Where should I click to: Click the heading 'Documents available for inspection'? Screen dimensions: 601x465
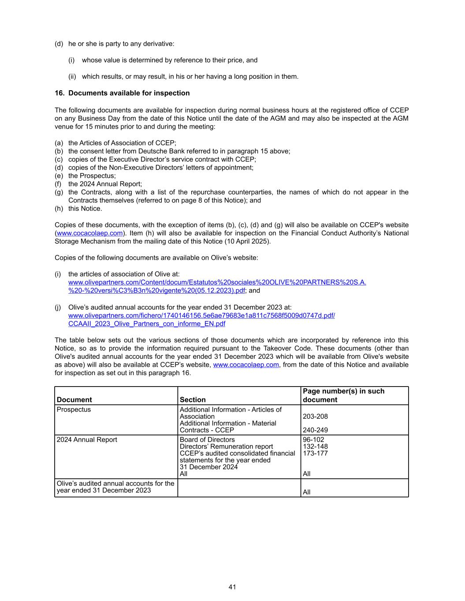(x=129, y=93)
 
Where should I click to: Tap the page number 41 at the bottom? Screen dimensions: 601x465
(x=232, y=587)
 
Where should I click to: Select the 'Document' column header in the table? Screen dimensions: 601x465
(x=74, y=400)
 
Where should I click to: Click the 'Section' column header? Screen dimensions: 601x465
(x=193, y=400)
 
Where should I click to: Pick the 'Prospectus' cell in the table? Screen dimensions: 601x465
(x=74, y=409)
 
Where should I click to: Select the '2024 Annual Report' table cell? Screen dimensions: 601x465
(x=87, y=440)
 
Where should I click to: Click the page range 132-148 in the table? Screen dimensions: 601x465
(x=315, y=446)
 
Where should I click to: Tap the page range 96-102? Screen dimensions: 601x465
(x=313, y=440)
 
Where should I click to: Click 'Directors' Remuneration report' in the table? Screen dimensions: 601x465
(x=226, y=446)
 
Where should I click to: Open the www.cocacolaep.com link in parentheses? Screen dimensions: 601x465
(x=89, y=233)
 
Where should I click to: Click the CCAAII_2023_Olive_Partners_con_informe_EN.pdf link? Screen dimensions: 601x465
(x=147, y=324)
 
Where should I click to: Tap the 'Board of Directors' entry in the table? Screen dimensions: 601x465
(x=207, y=440)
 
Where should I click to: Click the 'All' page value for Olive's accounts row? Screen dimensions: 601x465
(x=307, y=492)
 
